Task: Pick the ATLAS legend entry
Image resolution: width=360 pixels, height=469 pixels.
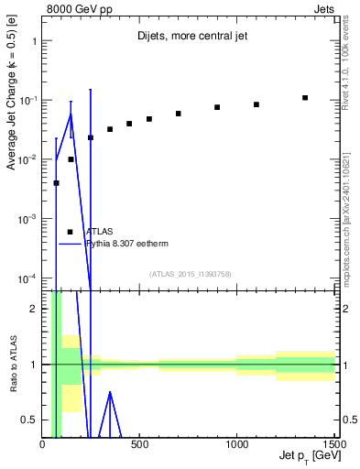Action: (99, 232)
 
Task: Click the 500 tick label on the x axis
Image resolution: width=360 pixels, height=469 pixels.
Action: (139, 446)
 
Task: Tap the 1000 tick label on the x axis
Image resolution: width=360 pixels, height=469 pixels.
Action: (236, 446)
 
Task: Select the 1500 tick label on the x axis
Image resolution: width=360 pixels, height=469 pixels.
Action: (333, 446)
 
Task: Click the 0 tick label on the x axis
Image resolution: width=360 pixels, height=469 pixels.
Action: (43, 446)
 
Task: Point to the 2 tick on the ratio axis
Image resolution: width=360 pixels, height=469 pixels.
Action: (32, 308)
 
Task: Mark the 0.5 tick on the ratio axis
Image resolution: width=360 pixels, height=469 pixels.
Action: (29, 420)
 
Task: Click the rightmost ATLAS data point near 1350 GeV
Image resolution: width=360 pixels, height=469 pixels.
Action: (305, 98)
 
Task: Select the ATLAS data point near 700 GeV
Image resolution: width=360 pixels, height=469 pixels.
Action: (179, 114)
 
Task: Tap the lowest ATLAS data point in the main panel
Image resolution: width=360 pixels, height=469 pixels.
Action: (57, 183)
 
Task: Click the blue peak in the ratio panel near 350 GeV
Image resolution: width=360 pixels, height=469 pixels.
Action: (110, 392)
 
